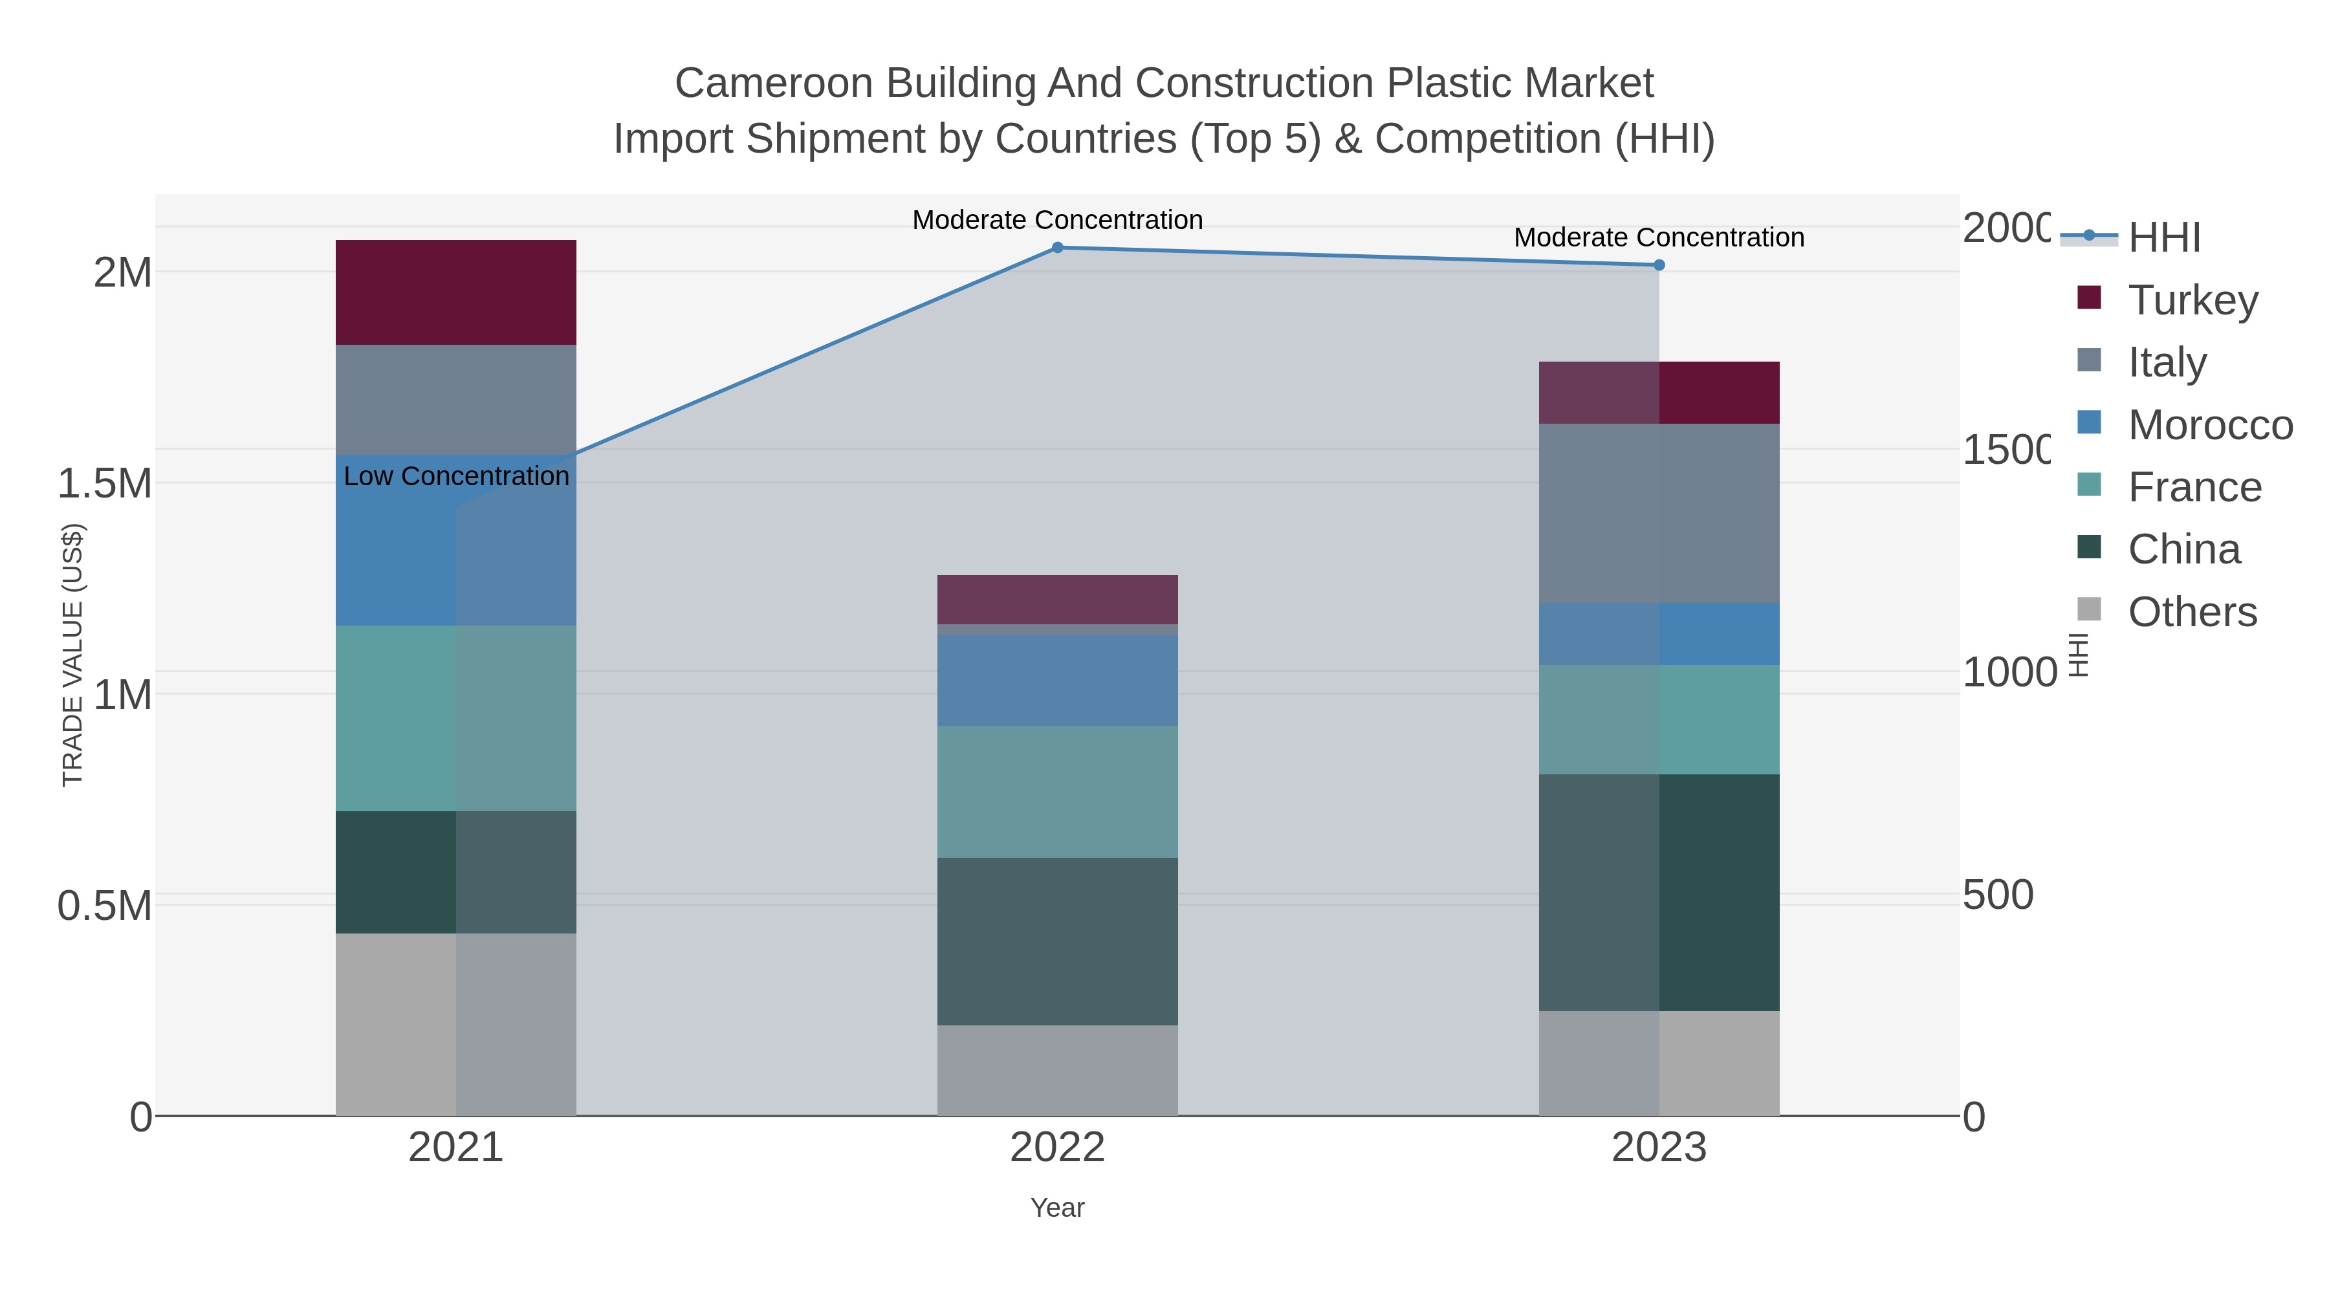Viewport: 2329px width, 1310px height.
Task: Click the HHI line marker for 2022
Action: click(1057, 248)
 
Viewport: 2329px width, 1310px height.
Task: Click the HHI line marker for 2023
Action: click(1659, 265)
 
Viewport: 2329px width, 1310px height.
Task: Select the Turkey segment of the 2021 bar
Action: click(455, 292)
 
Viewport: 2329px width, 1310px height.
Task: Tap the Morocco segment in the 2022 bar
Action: click(1057, 680)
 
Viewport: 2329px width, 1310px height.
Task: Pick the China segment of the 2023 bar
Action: click(1659, 891)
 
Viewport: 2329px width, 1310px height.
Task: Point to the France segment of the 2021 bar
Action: click(455, 718)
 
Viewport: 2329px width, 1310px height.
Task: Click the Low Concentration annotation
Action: click(457, 476)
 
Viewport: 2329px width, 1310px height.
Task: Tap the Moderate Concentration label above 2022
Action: click(1057, 220)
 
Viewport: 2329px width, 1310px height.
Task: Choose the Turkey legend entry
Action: click(2192, 300)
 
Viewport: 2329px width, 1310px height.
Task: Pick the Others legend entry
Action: click(2192, 612)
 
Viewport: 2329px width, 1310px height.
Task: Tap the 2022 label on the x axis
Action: click(1057, 1147)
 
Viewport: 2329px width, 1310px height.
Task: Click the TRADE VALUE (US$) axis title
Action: click(72, 655)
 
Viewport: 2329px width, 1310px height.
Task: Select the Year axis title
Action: click(1057, 1208)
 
